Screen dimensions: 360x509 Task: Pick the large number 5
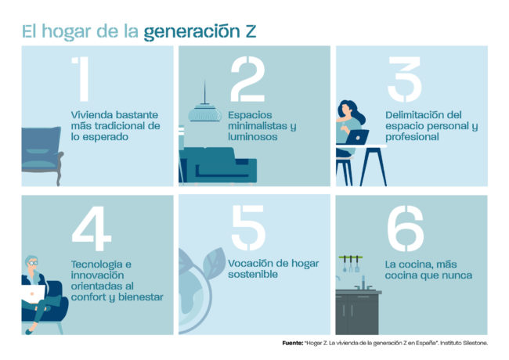pos(248,231)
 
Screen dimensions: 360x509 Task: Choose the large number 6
pos(405,231)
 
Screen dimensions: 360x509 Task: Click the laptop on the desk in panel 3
pos(357,137)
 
